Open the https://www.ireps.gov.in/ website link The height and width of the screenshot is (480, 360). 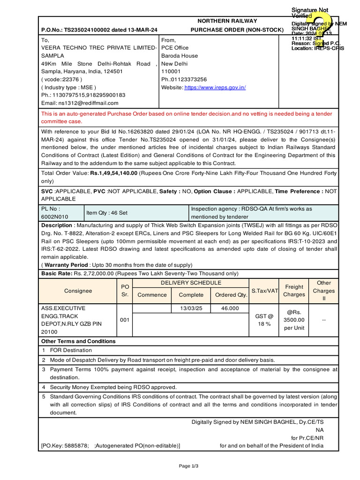pyautogui.click(x=215, y=87)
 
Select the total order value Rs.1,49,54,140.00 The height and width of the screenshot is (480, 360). pyautogui.click(x=114, y=173)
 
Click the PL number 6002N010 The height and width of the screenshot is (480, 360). pyautogui.click(x=54, y=217)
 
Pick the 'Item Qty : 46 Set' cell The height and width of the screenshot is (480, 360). pyautogui.click(x=107, y=213)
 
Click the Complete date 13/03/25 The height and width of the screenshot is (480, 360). pyautogui.click(x=191, y=308)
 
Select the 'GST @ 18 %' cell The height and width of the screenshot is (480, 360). pyautogui.click(x=264, y=320)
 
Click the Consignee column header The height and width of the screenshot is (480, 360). pyautogui.click(x=78, y=291)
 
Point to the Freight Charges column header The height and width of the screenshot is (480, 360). pyautogui.click(x=294, y=291)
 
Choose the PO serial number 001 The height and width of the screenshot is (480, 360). pyautogui.click(x=124, y=320)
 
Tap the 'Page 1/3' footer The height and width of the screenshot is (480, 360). pyautogui.click(x=189, y=466)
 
